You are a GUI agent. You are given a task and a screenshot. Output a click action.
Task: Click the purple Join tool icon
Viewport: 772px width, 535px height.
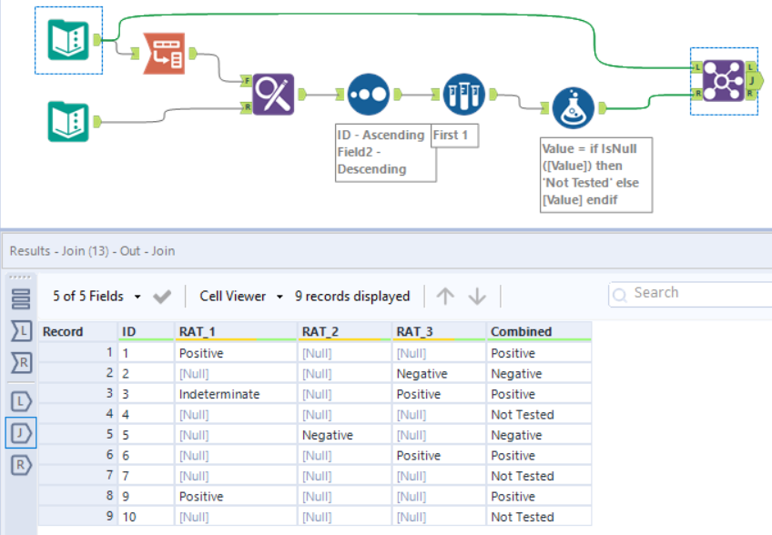tap(724, 81)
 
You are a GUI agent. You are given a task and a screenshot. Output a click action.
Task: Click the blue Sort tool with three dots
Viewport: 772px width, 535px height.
tap(369, 94)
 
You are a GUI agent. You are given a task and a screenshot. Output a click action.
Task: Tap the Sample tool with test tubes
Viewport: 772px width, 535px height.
tap(463, 94)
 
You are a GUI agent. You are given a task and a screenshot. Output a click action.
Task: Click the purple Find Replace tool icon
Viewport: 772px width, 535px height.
tap(272, 94)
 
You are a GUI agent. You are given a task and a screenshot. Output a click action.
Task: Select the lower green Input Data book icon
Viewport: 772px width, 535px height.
tap(68, 121)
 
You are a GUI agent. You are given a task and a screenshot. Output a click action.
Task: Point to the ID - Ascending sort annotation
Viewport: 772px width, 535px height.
tap(381, 152)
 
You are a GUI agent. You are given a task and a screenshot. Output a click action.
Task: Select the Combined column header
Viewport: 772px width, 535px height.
tap(521, 331)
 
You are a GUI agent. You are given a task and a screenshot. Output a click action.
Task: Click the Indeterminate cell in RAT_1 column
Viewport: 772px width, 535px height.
tap(219, 394)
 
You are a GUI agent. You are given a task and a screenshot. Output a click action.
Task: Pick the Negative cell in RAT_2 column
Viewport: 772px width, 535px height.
tap(328, 435)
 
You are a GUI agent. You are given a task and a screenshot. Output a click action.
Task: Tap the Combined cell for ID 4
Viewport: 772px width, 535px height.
tap(522, 415)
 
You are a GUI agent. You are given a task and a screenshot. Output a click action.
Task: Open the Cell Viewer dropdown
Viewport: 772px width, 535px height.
tap(242, 296)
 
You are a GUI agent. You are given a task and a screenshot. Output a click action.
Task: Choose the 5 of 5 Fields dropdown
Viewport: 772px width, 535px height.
tap(96, 296)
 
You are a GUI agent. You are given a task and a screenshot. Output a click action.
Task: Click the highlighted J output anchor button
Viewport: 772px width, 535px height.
tap(21, 432)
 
